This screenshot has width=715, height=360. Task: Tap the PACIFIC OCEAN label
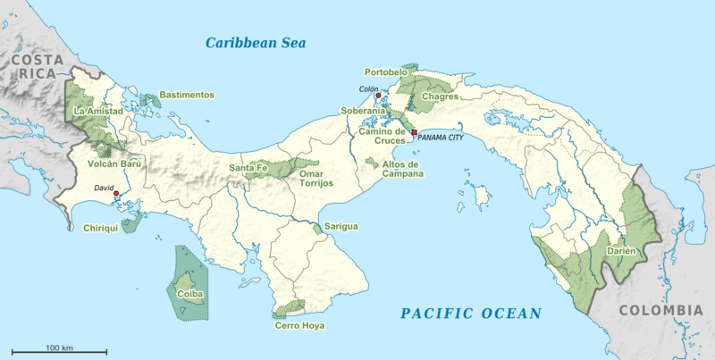(470, 313)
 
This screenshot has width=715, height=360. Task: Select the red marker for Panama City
(414, 132)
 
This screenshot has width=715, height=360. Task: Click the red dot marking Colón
(379, 96)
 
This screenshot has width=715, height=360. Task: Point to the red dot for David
(116, 194)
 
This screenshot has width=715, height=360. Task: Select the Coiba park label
(189, 293)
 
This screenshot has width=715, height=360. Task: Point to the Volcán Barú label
(114, 164)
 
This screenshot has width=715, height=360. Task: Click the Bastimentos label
(187, 95)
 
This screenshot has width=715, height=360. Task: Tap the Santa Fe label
(248, 167)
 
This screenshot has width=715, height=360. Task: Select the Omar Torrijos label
(315, 178)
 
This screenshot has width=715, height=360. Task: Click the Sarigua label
(341, 227)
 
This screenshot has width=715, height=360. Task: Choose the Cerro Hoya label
(299, 326)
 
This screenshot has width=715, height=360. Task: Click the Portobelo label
(386, 71)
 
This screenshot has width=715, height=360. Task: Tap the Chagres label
(440, 96)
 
